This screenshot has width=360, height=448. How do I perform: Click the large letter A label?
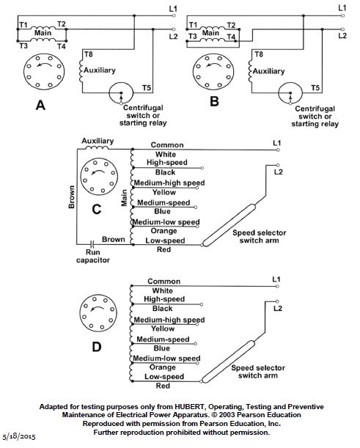pyautogui.click(x=40, y=106)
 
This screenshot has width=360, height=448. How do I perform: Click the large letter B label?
pyautogui.click(x=214, y=101)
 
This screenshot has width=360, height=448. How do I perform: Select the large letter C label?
pyautogui.click(x=97, y=210)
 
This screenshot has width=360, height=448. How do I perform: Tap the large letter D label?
pyautogui.click(x=97, y=347)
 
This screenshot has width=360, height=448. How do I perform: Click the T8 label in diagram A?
pyautogui.click(x=89, y=54)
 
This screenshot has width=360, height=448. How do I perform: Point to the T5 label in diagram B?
pyautogui.click(x=315, y=87)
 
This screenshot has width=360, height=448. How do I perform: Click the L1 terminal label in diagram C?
pyautogui.click(x=276, y=143)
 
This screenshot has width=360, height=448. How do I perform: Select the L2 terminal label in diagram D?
pyautogui.click(x=278, y=309)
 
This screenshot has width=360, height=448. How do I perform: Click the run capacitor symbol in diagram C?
pyautogui.click(x=92, y=245)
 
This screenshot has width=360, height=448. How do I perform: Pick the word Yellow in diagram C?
pyautogui.click(x=164, y=192)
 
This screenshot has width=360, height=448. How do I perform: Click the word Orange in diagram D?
pyautogui.click(x=163, y=367)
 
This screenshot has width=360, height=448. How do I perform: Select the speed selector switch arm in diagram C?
pyautogui.click(x=229, y=225)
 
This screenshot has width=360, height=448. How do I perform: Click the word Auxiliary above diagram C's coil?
pyautogui.click(x=98, y=141)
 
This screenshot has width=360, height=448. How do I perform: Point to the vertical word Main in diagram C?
pyautogui.click(x=124, y=198)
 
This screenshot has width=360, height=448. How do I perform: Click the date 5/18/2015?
pyautogui.click(x=19, y=437)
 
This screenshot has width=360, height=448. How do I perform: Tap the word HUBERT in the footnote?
pyautogui.click(x=191, y=406)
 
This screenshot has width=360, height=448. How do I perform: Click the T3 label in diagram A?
pyautogui.click(x=23, y=45)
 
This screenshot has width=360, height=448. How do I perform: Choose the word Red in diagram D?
pyautogui.click(x=163, y=386)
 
